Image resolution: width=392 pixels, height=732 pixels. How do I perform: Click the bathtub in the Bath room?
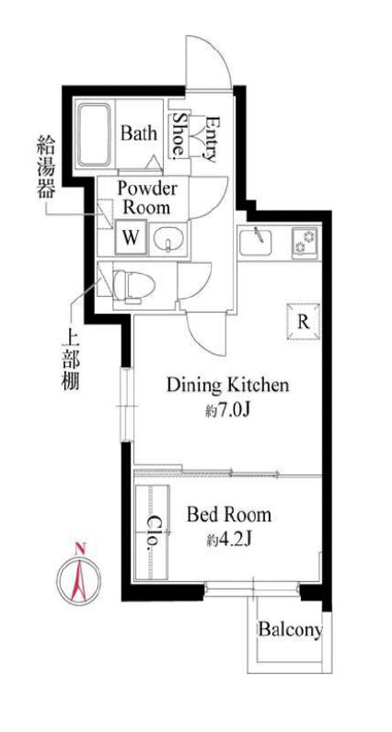click(x=95, y=134)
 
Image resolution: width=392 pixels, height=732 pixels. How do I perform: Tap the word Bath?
click(x=139, y=134)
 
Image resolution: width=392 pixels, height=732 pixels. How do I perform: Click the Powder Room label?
click(x=146, y=198)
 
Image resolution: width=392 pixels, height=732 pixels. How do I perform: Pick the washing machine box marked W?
click(x=131, y=238)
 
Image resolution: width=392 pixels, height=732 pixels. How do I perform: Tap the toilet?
click(x=134, y=286)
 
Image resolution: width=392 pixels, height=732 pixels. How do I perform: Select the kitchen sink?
click(x=256, y=241)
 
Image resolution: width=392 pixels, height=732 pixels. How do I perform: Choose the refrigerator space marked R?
click(x=304, y=322)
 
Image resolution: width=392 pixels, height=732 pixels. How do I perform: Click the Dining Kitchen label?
click(x=228, y=385)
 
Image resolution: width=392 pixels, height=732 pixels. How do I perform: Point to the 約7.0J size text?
click(x=229, y=411)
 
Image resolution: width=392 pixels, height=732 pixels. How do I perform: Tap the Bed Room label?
click(x=229, y=515)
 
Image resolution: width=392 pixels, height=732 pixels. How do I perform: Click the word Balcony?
click(x=291, y=630)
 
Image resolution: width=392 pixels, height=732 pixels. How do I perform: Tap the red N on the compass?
click(x=80, y=548)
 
